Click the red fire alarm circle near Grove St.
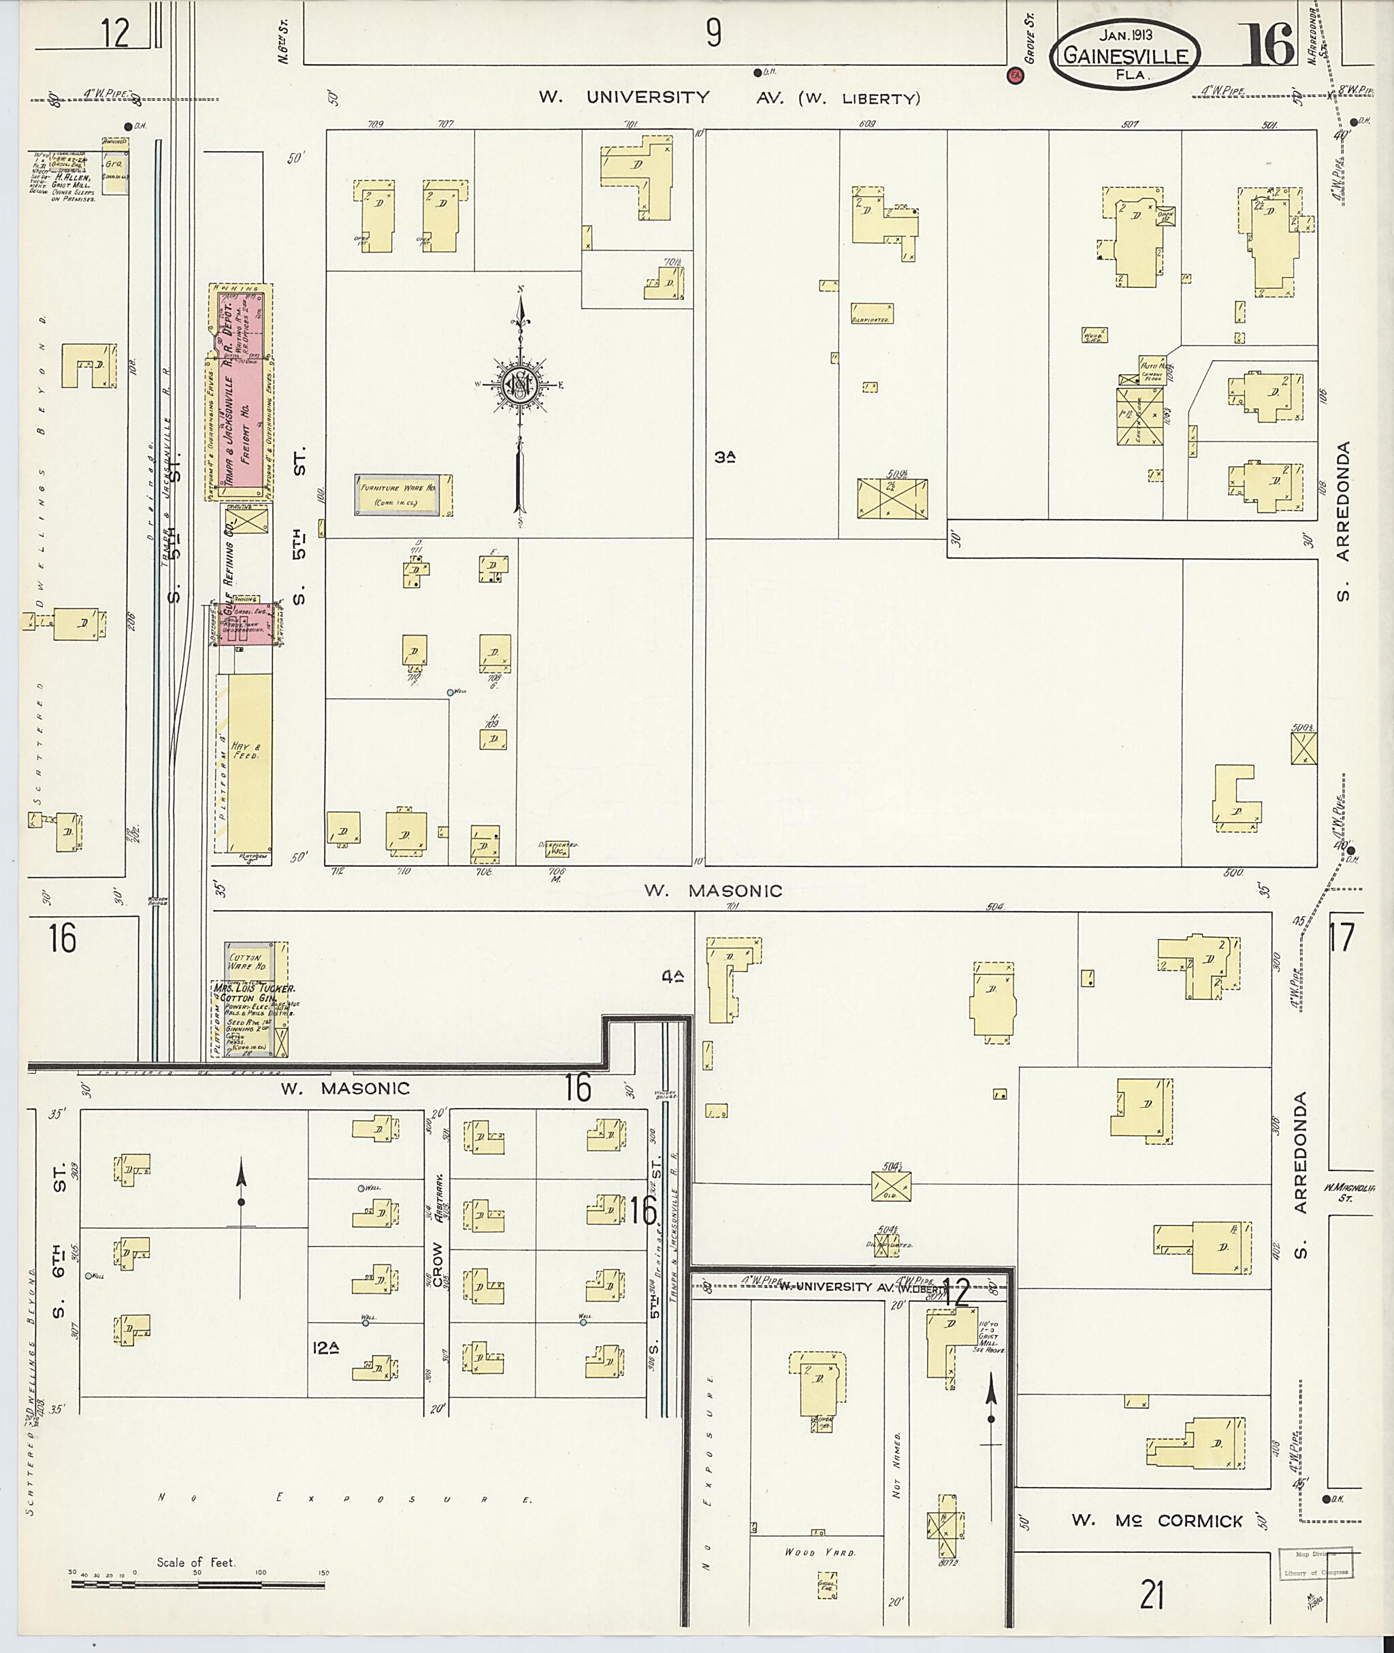1014,76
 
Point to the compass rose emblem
520,384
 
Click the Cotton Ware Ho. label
247,961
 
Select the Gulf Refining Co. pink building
246,624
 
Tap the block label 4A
672,977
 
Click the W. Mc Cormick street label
1156,1521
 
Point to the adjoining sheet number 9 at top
713,33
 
